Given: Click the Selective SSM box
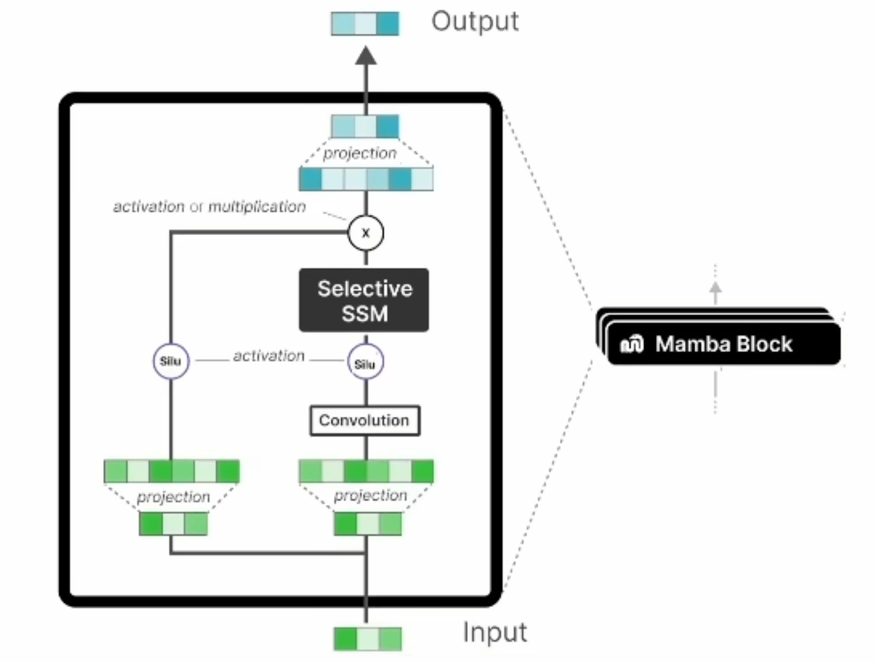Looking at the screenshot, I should [x=364, y=300].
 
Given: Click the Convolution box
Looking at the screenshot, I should [x=365, y=420].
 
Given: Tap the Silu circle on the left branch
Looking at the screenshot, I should [x=171, y=361].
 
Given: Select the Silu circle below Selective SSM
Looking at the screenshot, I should [x=365, y=363].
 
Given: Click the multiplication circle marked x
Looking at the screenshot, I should [x=366, y=233].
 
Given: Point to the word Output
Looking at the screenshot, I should [x=475, y=22].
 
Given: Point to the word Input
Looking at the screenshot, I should [x=495, y=633].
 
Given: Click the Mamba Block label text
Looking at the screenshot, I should [x=724, y=344].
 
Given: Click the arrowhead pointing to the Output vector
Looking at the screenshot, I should [x=366, y=56].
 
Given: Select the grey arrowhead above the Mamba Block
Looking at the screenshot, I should [x=715, y=289].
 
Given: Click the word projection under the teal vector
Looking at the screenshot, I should [x=360, y=153].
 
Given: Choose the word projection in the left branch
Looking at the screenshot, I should [x=174, y=497].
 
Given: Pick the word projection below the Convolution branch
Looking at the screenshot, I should [x=370, y=496].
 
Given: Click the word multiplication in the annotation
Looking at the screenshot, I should [x=257, y=207].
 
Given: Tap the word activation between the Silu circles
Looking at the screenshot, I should [x=269, y=356].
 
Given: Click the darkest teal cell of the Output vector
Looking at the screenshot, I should [x=388, y=24].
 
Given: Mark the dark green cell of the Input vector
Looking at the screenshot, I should [x=346, y=639].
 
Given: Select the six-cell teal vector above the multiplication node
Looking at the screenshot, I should [x=366, y=179].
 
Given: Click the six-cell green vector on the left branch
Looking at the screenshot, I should [x=171, y=471].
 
